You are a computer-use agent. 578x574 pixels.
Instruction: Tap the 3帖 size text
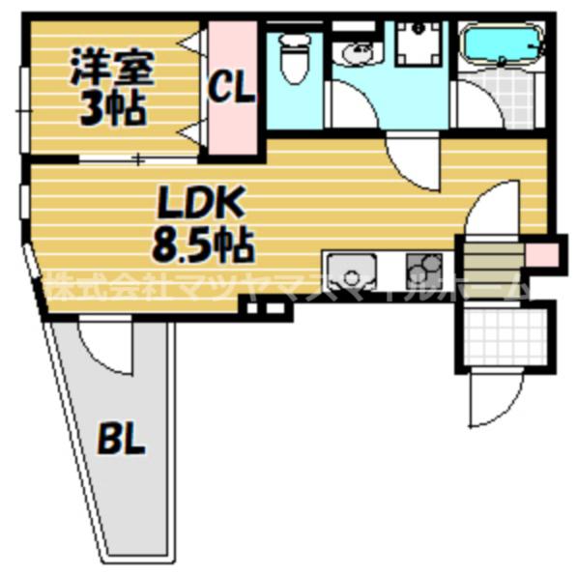pyautogui.click(x=110, y=106)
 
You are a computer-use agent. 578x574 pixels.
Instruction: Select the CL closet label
pyautogui.click(x=232, y=90)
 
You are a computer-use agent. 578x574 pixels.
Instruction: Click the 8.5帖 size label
pyautogui.click(x=201, y=246)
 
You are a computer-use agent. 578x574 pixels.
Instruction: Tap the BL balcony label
pyautogui.click(x=122, y=440)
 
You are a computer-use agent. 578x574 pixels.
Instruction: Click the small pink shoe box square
pyautogui.click(x=541, y=254)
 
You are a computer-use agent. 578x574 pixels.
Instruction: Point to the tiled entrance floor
pyautogui.click(x=504, y=334)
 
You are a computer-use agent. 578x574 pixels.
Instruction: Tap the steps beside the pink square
pyautogui.click(x=493, y=257)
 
